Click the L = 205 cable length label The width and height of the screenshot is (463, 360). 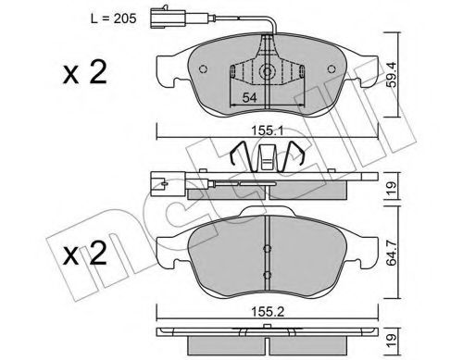point(113,19)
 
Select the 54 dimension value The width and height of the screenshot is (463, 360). point(249,98)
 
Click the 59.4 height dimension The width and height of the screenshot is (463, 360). point(392,74)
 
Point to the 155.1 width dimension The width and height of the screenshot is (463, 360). point(268,130)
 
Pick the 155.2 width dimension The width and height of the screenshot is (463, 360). point(268,312)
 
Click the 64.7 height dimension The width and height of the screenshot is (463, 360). point(392,252)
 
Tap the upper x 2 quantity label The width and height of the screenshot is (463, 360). point(85,73)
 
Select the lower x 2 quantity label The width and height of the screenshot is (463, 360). point(85,254)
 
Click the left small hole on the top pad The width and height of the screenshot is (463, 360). point(203,69)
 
